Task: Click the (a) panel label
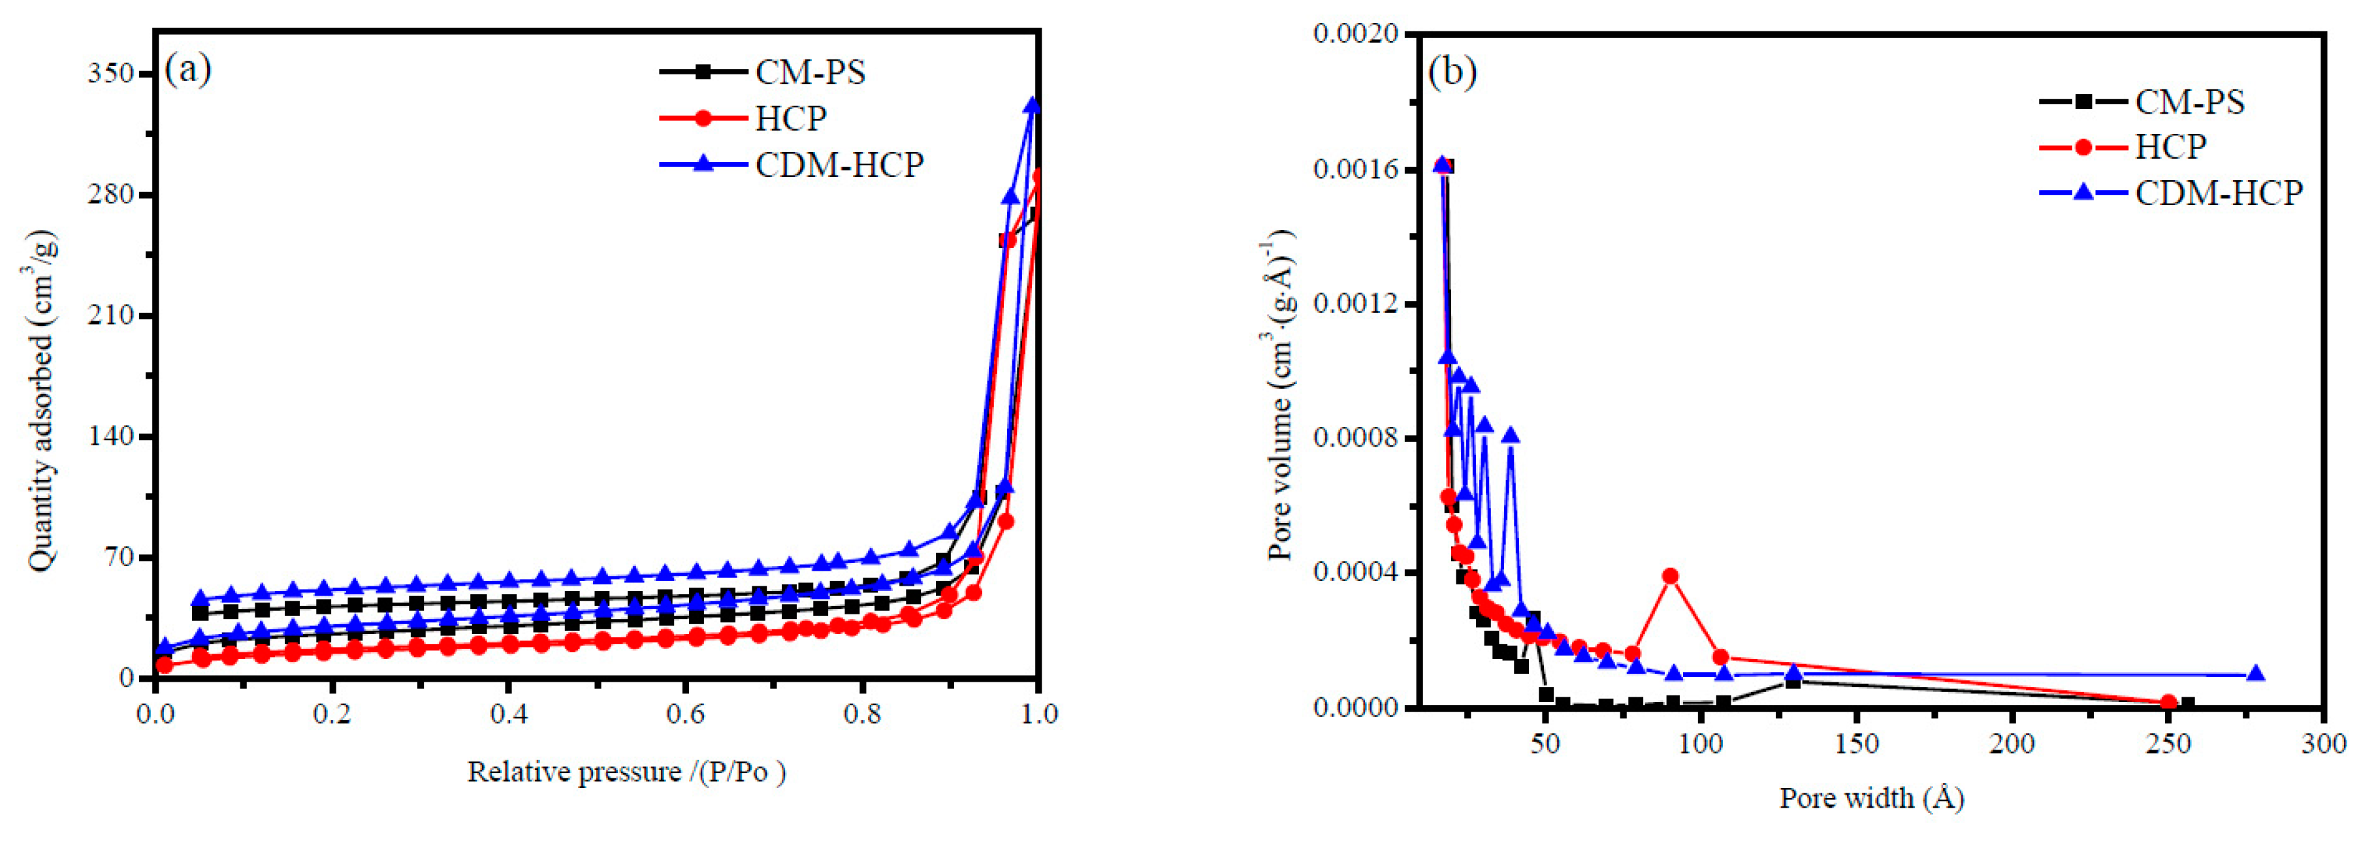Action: tap(188, 69)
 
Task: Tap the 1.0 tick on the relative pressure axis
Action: tap(1038, 714)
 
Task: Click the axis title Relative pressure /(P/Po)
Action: tap(627, 772)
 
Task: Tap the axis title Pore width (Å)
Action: tap(1871, 798)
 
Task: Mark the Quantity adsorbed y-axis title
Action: tap(41, 401)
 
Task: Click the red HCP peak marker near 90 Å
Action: tap(1670, 577)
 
